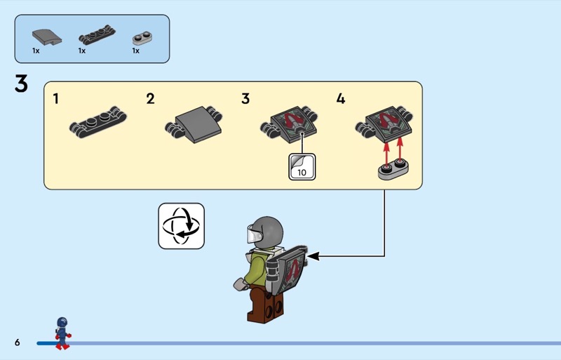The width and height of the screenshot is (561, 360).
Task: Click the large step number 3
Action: (x=21, y=84)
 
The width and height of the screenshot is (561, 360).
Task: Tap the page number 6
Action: (x=16, y=342)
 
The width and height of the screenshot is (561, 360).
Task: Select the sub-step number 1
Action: (x=56, y=99)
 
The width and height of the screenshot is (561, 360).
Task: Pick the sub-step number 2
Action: (x=150, y=99)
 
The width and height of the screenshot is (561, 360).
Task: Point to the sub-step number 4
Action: (x=341, y=99)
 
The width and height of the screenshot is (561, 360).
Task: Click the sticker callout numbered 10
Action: (x=302, y=166)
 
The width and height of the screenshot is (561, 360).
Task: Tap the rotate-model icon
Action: (x=181, y=226)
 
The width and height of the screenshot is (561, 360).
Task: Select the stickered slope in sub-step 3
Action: (x=287, y=120)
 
